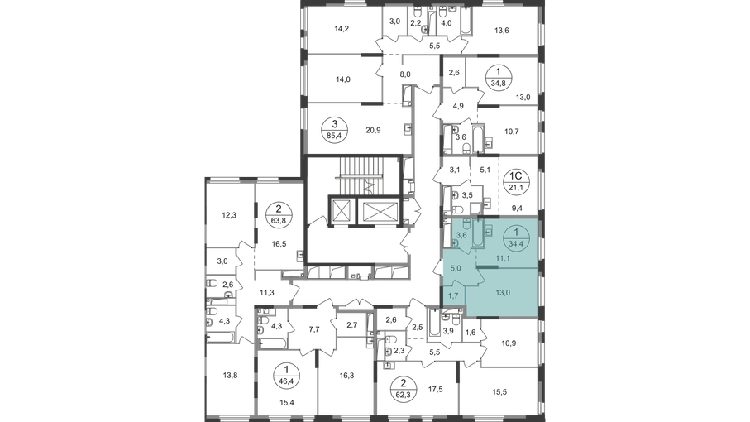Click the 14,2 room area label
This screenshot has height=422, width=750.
(x=342, y=29)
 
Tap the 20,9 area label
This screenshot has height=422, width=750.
(x=373, y=130)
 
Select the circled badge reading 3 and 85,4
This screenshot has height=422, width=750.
(x=334, y=129)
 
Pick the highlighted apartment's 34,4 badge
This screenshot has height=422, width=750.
(x=516, y=237)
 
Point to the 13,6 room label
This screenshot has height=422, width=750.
(x=502, y=31)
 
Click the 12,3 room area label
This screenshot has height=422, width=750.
(x=229, y=215)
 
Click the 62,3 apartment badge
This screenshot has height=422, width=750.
(x=404, y=387)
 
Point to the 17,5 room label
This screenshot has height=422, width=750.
(x=435, y=390)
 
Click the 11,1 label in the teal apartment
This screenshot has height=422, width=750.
(x=502, y=258)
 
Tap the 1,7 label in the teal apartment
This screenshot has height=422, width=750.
(x=454, y=295)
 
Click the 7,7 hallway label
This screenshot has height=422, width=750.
(x=313, y=329)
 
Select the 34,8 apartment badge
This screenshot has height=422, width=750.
(x=499, y=78)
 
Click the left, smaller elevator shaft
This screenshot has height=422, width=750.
(x=341, y=209)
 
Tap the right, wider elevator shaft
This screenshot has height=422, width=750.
(x=380, y=210)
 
